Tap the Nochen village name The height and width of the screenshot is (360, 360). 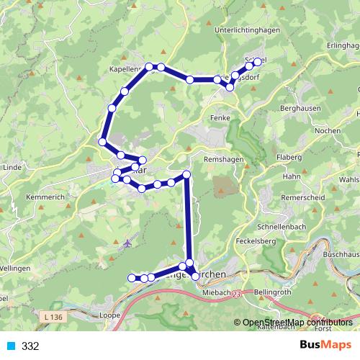click(328, 130)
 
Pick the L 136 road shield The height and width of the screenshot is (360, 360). click(52, 317)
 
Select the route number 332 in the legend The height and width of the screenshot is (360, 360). click(30, 346)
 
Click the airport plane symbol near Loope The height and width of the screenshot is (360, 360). click(127, 242)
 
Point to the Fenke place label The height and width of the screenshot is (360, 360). click(220, 117)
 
